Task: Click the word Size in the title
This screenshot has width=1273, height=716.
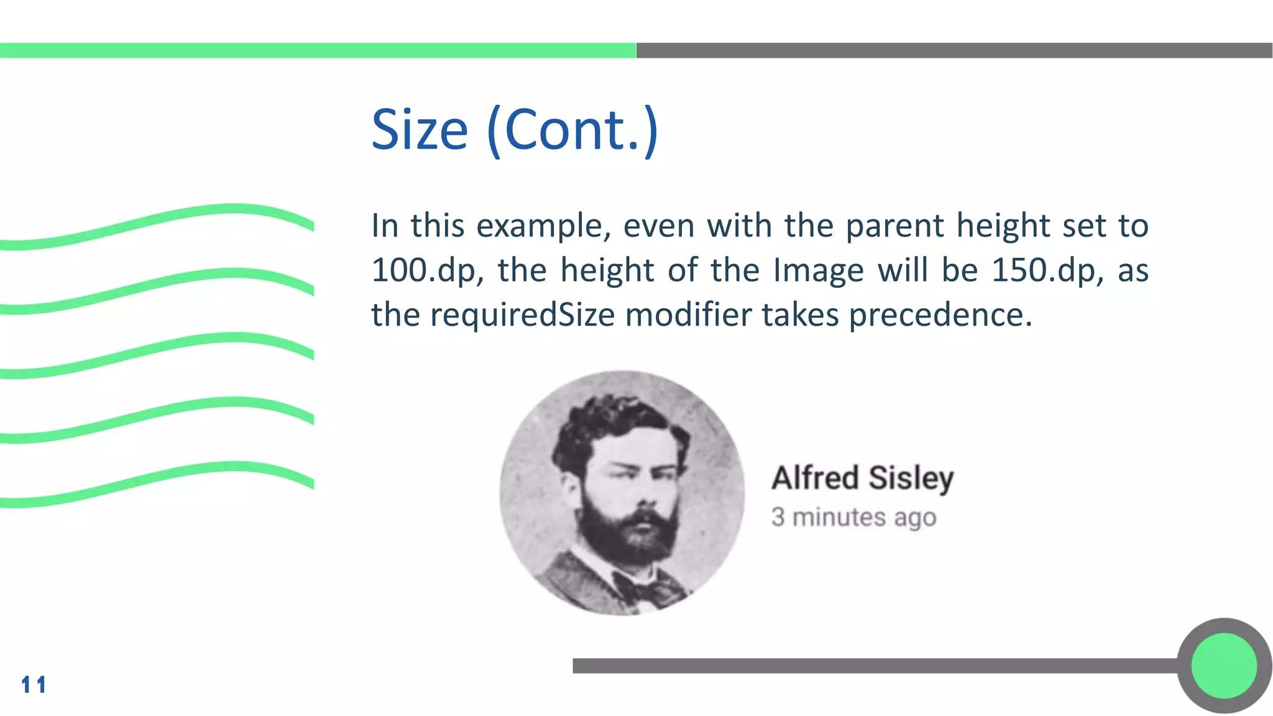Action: pos(419,131)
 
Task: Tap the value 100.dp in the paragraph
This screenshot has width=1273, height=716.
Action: pos(426,271)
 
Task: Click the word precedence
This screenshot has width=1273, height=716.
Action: pos(940,315)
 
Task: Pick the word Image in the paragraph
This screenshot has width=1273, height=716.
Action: pos(818,271)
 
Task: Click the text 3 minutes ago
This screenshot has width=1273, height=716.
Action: pos(853,517)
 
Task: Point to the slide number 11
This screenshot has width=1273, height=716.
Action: pos(34,685)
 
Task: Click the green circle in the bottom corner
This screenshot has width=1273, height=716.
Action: pos(1224,666)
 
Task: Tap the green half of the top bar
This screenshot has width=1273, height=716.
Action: pos(317,50)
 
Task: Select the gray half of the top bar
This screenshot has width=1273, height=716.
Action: pos(954,50)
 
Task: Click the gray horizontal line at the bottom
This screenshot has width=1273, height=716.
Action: pos(870,666)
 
